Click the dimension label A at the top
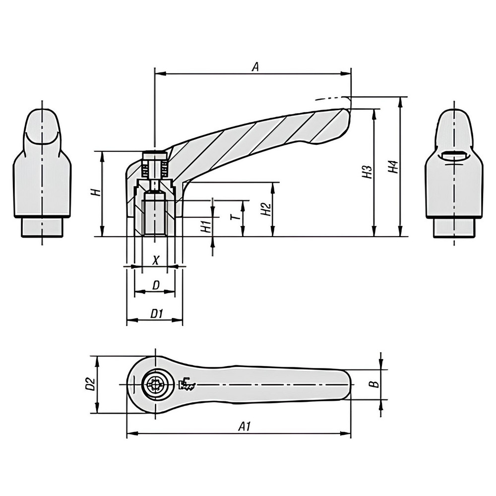pos(255,67)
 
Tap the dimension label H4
pos(393,167)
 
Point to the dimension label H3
pos(367,172)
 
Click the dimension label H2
pos(266,209)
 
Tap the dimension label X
pos(155,259)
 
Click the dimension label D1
pos(156,313)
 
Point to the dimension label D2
pos(90,384)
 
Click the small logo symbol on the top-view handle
pos(188,384)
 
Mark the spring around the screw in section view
pos(145,171)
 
